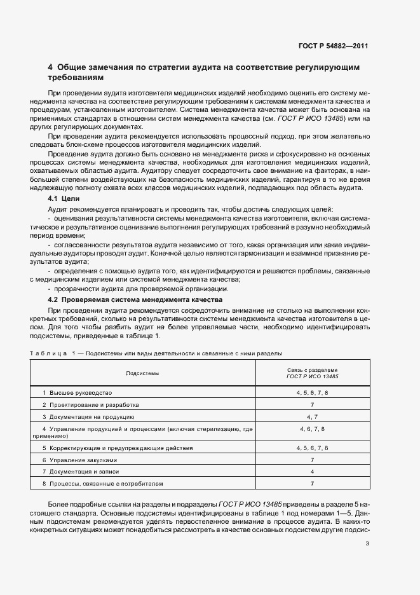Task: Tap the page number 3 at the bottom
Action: point(367,543)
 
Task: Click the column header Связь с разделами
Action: point(312,369)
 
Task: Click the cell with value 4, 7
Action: point(312,417)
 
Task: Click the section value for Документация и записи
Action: point(312,472)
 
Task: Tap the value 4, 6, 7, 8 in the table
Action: point(312,430)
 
